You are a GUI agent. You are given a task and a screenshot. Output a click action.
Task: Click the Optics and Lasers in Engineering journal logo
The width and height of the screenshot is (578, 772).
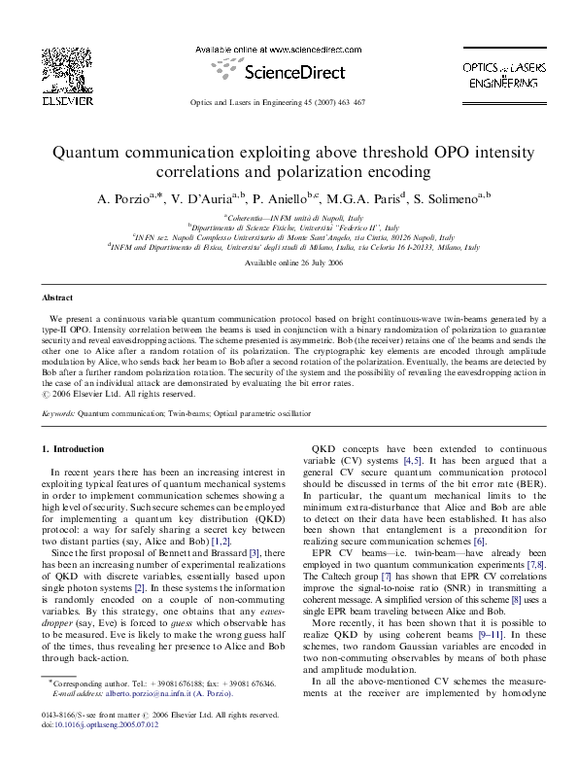(496, 73)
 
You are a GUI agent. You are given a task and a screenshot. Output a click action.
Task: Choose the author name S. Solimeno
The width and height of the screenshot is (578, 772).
(449, 199)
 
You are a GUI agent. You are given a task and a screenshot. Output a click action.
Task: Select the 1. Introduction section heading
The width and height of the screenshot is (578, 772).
(76, 449)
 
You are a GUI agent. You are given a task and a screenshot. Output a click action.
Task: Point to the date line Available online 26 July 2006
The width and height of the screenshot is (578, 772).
(289, 263)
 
